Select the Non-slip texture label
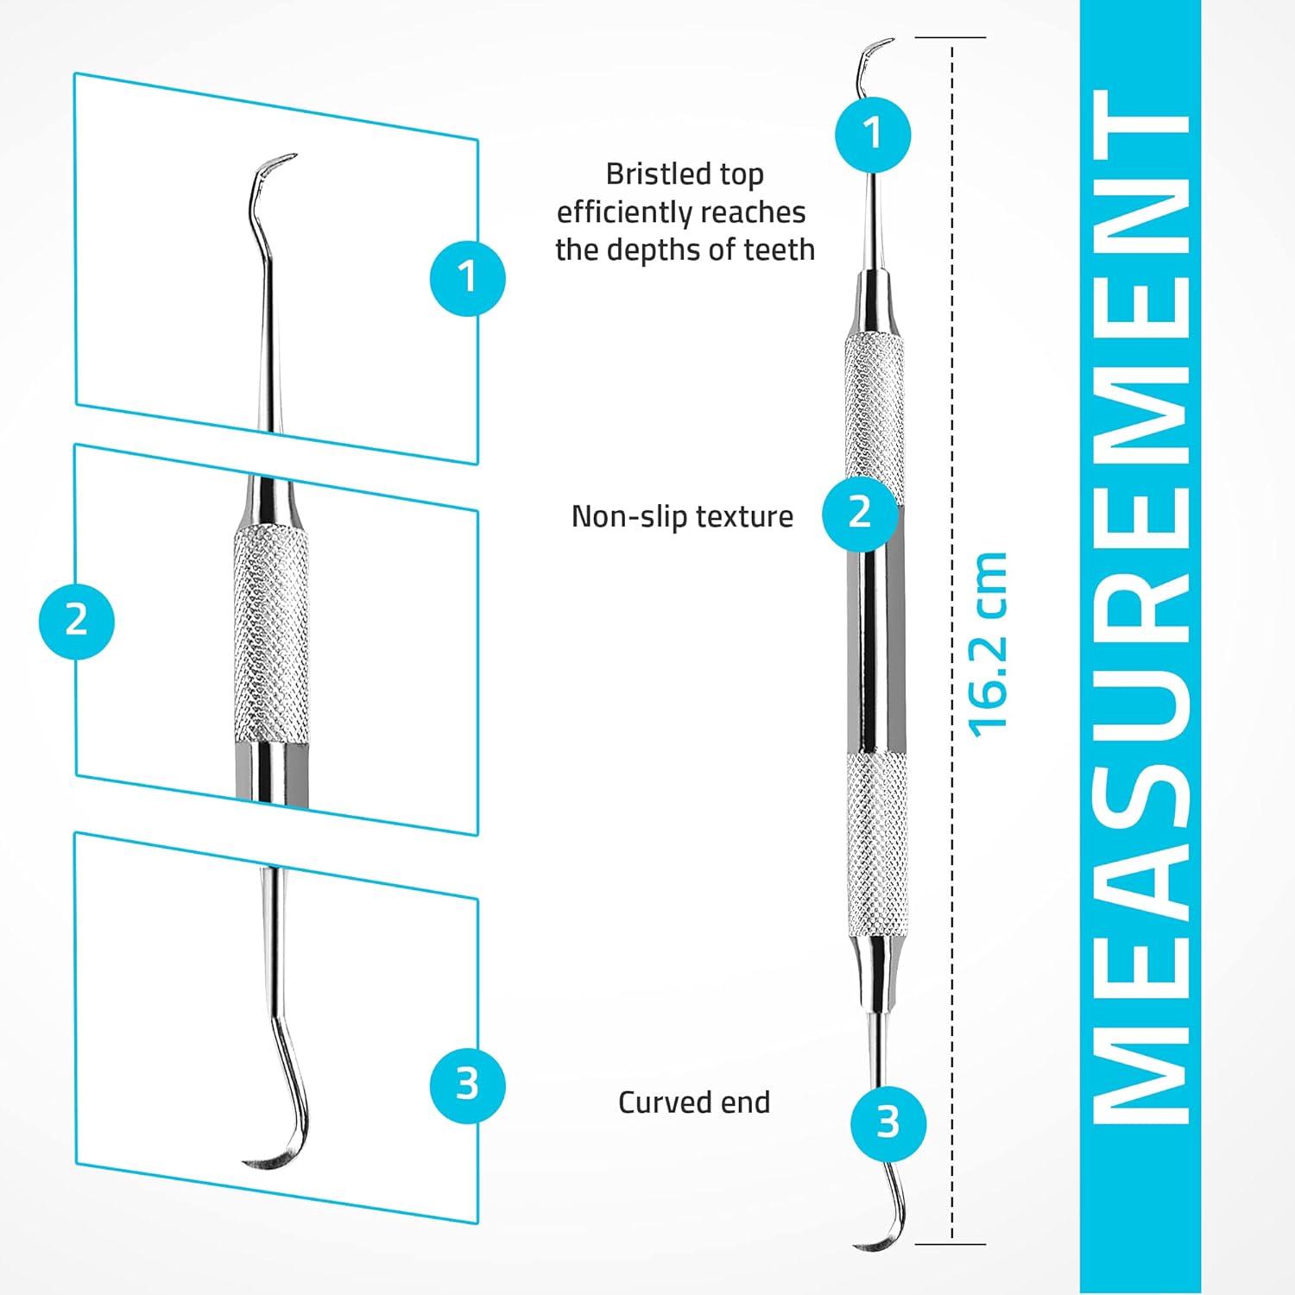pyautogui.click(x=682, y=516)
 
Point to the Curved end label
pyautogui.click(x=694, y=1102)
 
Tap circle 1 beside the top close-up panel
pyautogui.click(x=467, y=278)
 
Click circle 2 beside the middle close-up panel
pyautogui.click(x=76, y=621)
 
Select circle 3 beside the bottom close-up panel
pyautogui.click(x=467, y=1084)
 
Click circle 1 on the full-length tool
pyautogui.click(x=873, y=134)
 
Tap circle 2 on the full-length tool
pyautogui.click(x=860, y=513)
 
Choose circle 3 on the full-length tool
pyautogui.click(x=888, y=1122)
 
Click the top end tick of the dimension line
pyautogui.click(x=951, y=37)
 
